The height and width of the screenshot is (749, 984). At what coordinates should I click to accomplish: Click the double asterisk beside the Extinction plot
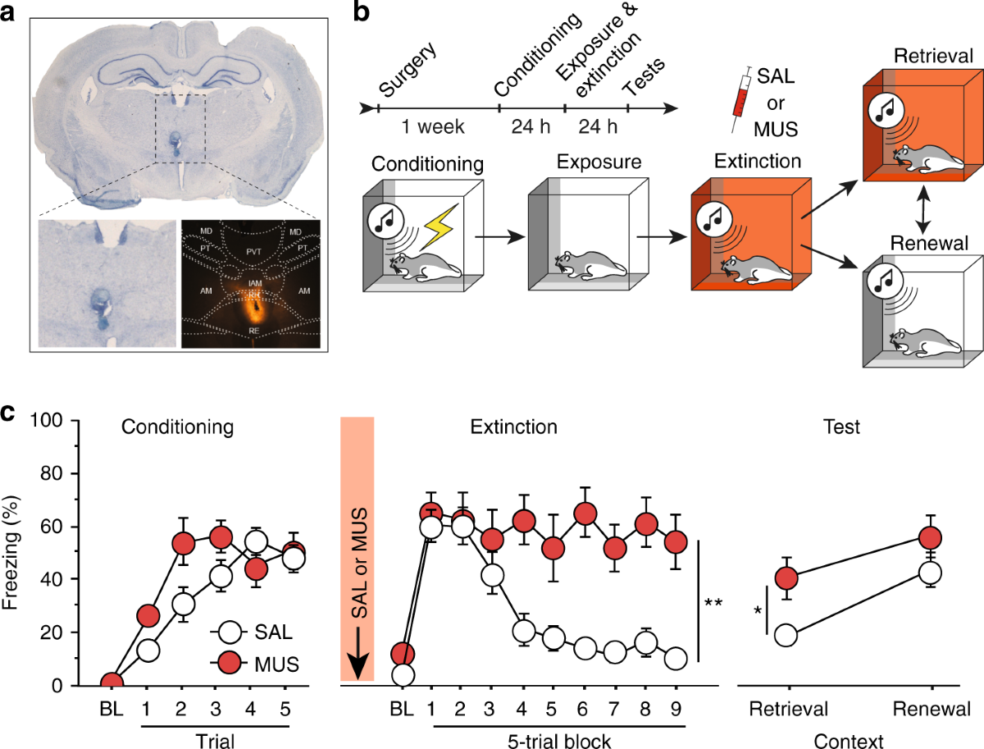point(713,603)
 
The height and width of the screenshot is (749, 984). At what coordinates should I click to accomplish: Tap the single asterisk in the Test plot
point(757,612)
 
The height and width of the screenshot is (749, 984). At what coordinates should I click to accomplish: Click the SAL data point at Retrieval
point(787,635)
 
